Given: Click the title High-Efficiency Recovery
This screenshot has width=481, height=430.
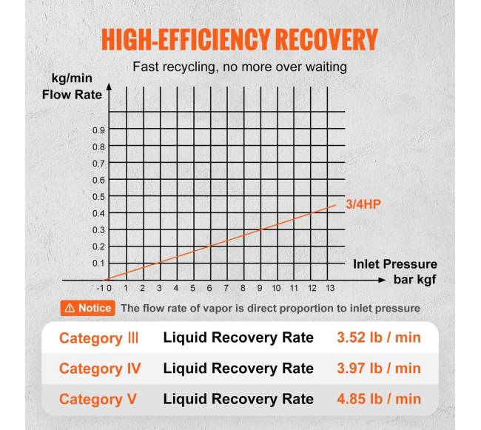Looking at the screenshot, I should [239, 39].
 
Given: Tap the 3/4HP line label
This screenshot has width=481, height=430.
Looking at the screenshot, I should [362, 204].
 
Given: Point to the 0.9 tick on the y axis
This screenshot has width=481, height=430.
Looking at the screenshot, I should [98, 130].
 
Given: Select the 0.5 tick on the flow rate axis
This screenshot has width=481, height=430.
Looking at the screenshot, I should [98, 197].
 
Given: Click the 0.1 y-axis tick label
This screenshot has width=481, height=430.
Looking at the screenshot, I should [98, 263].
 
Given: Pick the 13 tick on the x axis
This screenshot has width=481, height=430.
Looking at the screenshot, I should [329, 289].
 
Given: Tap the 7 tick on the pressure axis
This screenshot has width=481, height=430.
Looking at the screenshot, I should [226, 289].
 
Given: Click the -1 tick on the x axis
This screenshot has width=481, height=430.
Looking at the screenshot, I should [101, 289].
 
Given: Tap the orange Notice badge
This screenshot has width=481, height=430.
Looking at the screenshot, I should [87, 308].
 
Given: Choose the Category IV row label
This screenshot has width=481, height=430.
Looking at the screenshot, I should [100, 369].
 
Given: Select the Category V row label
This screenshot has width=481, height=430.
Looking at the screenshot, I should [98, 399].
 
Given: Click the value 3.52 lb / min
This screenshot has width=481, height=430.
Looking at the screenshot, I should [378, 338].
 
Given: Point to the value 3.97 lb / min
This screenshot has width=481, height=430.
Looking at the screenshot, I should [378, 369].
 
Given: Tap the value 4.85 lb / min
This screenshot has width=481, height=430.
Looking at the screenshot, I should [378, 399].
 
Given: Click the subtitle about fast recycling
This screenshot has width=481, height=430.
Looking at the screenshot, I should [240, 67].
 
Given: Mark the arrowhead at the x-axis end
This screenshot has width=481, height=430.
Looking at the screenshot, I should [382, 280].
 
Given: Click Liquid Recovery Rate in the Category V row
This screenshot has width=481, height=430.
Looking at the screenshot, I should [238, 399].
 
